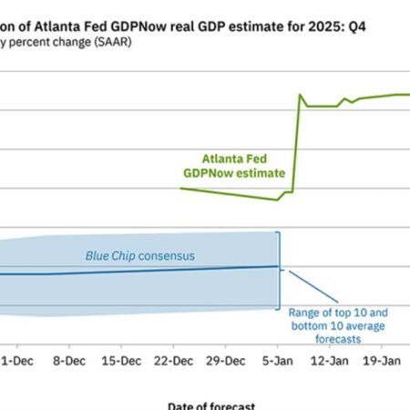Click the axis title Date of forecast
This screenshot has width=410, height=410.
tap(211, 405)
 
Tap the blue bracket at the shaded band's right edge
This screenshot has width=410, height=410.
tap(279, 270)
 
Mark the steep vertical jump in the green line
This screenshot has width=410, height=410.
tap(295, 146)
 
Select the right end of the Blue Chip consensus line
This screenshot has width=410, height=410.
tap(276, 266)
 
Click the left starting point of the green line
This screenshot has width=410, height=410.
tap(181, 189)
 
